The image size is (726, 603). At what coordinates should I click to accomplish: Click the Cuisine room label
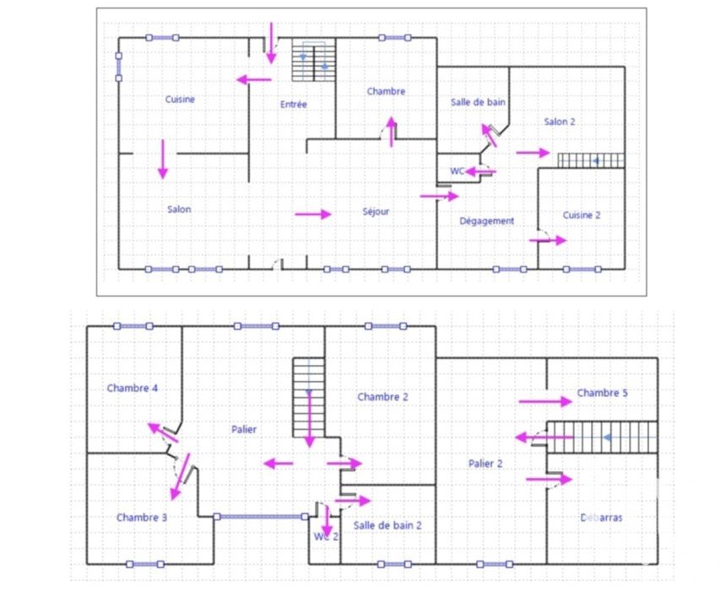180,99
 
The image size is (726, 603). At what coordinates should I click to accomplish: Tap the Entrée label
294,104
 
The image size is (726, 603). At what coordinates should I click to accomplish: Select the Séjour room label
376,212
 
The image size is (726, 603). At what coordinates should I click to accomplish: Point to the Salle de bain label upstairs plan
387,525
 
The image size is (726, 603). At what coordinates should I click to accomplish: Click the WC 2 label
326,536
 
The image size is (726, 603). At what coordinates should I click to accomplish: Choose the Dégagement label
486,221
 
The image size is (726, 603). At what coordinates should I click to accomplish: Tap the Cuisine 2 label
582,215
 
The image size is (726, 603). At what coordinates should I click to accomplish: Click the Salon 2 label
560,122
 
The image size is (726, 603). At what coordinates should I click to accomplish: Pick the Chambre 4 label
133,388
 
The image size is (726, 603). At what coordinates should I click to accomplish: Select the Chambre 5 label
603,393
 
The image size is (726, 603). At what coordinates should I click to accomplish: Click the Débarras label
601,518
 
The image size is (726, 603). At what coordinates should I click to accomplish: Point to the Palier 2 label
485,463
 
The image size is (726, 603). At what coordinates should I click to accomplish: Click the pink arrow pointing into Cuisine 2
548,240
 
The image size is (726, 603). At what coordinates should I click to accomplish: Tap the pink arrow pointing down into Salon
163,160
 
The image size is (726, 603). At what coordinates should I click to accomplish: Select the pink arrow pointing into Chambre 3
181,476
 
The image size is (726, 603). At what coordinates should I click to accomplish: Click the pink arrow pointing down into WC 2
328,521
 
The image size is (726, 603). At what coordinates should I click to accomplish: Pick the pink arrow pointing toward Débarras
549,479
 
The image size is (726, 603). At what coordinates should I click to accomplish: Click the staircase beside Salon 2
591,160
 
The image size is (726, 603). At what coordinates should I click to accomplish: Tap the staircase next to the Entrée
313,60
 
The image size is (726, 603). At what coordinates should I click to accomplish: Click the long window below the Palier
261,516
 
